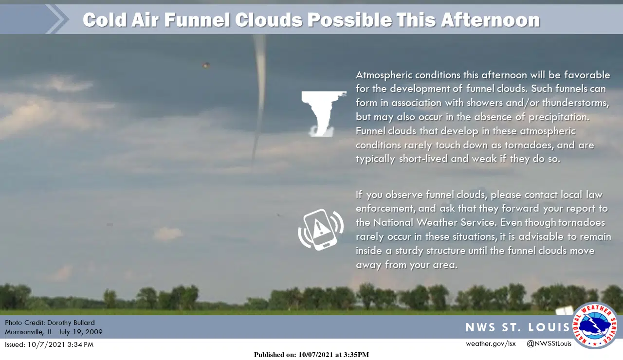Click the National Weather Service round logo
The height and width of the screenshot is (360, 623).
[595, 325]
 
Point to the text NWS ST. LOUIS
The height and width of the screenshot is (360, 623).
[517, 327]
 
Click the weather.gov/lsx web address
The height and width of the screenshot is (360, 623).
[491, 343]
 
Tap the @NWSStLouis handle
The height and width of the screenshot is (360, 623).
[549, 343]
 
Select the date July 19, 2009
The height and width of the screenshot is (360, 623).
[81, 332]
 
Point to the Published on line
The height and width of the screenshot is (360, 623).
[311, 355]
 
